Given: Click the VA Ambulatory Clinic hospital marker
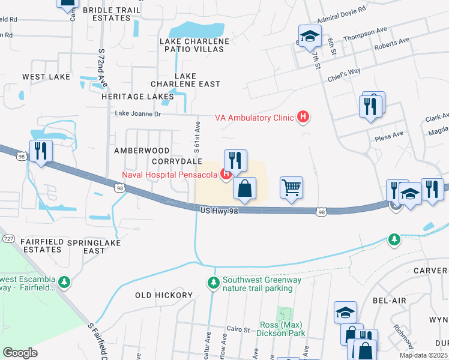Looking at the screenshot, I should pos(304,118).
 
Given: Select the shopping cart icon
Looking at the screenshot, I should pos(291,187).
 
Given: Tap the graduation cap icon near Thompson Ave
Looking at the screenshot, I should pos(310,36).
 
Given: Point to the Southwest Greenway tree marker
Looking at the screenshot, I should pos(212,281).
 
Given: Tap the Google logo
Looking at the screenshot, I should pos(20,352).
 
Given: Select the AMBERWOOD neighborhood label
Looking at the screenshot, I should pos(142,151).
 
